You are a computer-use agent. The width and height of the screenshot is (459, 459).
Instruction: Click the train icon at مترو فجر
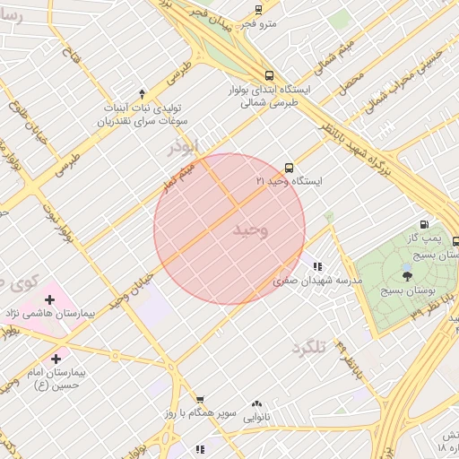pos(258,10)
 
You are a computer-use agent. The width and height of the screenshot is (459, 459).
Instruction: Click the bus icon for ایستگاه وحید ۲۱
pos(289,168)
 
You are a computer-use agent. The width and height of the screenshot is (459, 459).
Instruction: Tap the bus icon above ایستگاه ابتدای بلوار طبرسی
pos(269,76)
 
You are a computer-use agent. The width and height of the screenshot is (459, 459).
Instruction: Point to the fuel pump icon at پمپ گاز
pos(423,225)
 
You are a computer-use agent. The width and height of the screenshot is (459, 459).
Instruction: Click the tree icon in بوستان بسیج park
pos(408,275)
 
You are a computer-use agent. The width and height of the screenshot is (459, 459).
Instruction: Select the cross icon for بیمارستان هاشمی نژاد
pos(49,299)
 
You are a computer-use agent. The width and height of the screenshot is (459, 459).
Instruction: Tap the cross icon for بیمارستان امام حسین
pos(57,358)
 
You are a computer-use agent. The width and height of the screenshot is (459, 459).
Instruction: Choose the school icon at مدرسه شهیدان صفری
pos(317,265)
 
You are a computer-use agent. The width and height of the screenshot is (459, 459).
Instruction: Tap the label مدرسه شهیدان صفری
pos(317,280)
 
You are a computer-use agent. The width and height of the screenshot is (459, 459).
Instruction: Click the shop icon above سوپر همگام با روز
pos(200,400)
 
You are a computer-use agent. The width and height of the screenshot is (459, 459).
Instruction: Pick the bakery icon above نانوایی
pos(257,403)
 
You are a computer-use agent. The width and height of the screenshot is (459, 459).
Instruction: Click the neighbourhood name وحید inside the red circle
pos(251,230)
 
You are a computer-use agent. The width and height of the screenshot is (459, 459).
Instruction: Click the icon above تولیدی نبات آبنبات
pos(142,94)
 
